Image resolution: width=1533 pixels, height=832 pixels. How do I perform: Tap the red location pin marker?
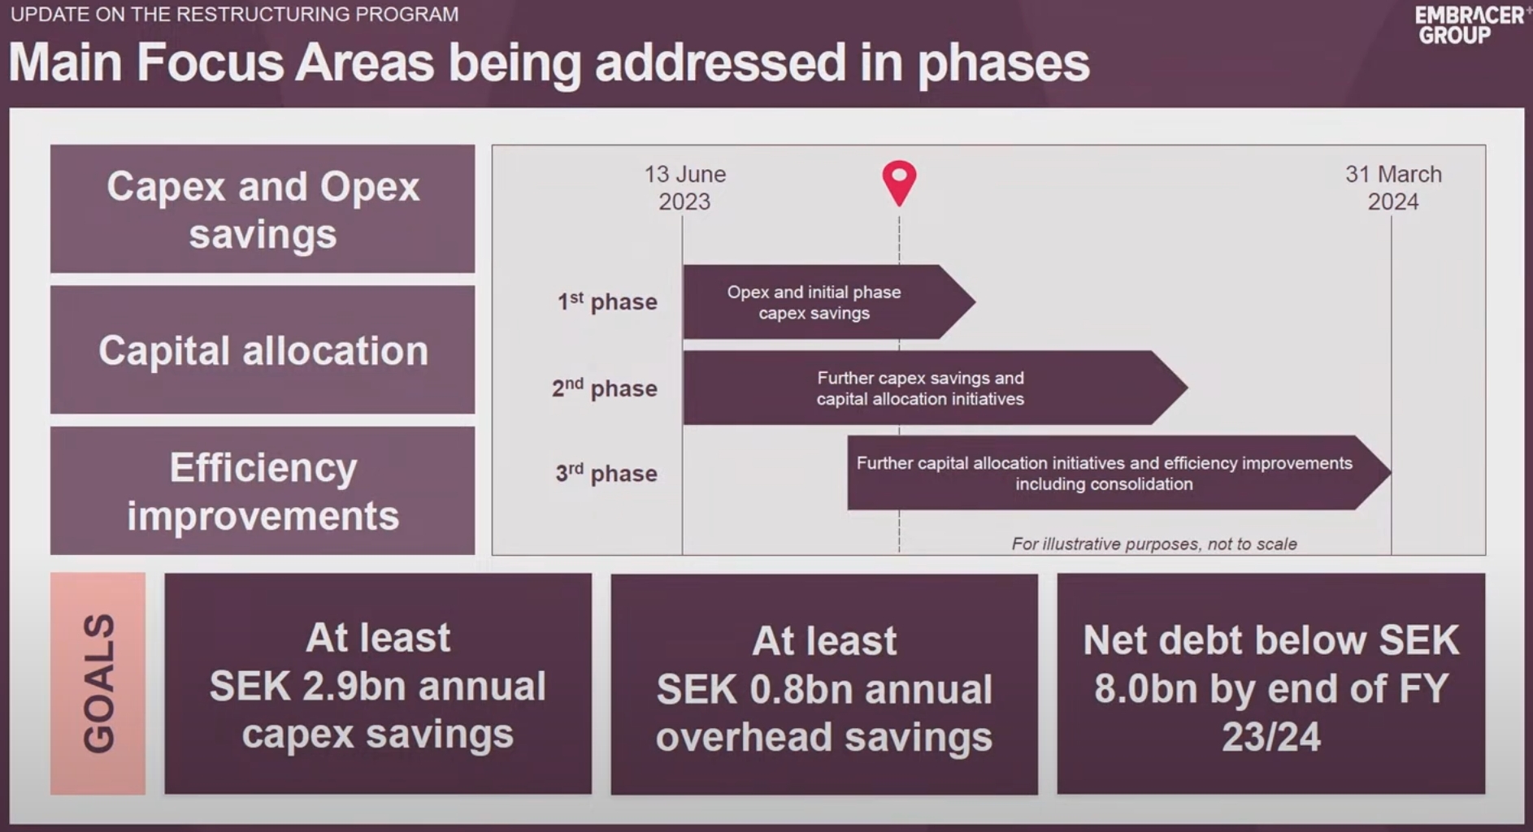pyautogui.click(x=899, y=183)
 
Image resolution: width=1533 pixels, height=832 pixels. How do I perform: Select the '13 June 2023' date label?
pyautogui.click(x=684, y=188)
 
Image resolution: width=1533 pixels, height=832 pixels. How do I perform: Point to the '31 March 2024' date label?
pyautogui.click(x=1393, y=188)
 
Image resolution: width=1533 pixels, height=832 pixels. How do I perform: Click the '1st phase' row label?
pyautogui.click(x=607, y=301)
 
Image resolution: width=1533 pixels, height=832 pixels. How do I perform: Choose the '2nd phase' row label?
pyautogui.click(x=605, y=388)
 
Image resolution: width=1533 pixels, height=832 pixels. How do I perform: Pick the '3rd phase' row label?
pyautogui.click(x=606, y=473)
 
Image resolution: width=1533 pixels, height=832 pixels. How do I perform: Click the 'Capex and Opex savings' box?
pyautogui.click(x=263, y=209)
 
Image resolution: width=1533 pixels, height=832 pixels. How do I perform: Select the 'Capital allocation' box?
pyautogui.click(x=263, y=349)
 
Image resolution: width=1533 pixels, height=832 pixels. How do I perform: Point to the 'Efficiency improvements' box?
pyautogui.click(x=263, y=491)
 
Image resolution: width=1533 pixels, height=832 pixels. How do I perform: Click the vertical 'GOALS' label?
pyautogui.click(x=98, y=683)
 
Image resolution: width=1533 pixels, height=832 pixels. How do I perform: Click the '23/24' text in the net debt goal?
pyautogui.click(x=1271, y=737)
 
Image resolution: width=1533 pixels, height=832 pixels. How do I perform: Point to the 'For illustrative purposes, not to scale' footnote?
pyautogui.click(x=1154, y=544)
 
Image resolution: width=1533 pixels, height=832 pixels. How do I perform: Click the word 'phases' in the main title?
pyautogui.click(x=1003, y=63)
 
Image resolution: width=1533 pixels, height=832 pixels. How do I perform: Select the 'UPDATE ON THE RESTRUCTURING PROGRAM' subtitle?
pyautogui.click(x=234, y=15)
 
